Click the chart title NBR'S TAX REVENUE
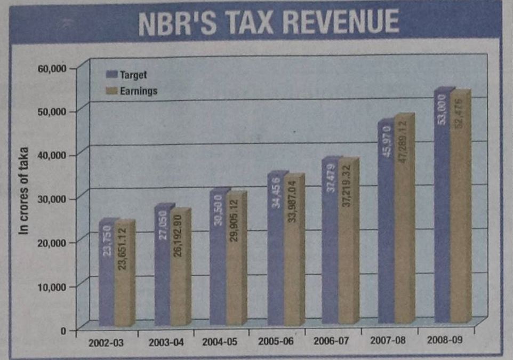click(x=268, y=23)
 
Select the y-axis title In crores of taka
click(x=24, y=191)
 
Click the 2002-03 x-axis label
click(x=106, y=342)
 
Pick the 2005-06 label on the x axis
click(x=275, y=341)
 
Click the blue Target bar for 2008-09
click(x=442, y=213)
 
